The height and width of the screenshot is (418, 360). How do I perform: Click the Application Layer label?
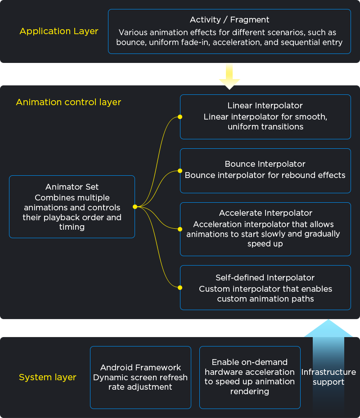pyautogui.click(x=59, y=31)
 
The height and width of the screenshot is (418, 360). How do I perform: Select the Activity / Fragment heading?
pyautogui.click(x=229, y=20)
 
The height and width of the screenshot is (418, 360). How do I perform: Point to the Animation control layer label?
pyautogui.click(x=68, y=102)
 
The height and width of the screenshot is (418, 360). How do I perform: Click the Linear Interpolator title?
pyautogui.click(x=265, y=106)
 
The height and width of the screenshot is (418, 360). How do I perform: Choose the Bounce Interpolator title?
pyautogui.click(x=265, y=164)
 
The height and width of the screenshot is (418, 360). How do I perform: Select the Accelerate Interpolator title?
pyautogui.click(x=265, y=213)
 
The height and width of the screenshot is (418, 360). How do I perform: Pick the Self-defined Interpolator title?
pyautogui.click(x=265, y=278)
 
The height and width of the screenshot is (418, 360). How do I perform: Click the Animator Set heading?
pyautogui.click(x=72, y=187)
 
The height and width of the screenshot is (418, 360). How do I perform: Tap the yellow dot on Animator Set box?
pyautogui.click(x=135, y=207)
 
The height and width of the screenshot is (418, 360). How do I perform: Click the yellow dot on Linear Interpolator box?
pyautogui.click(x=180, y=117)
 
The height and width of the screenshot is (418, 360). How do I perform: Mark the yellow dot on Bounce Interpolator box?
pyautogui.click(x=180, y=171)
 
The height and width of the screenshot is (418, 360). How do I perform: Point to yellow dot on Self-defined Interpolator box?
pyautogui.click(x=180, y=287)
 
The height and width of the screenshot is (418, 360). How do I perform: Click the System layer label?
pyautogui.click(x=48, y=377)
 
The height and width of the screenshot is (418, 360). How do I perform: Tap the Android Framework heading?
pyautogui.click(x=140, y=368)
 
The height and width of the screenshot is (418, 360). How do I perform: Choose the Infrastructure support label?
pyautogui.click(x=328, y=377)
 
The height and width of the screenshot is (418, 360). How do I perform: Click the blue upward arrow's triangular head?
pyautogui.click(x=328, y=329)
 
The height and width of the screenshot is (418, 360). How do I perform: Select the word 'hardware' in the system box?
pyautogui.click(x=224, y=372)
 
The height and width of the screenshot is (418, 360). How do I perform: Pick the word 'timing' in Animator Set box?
pyautogui.click(x=72, y=227)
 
